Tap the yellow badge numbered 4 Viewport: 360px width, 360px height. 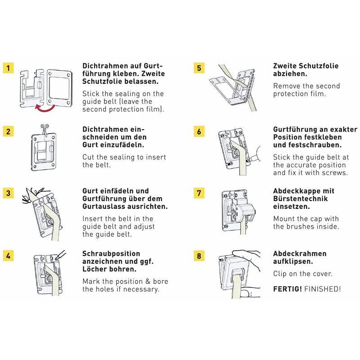pyautogui.click(x=8, y=256)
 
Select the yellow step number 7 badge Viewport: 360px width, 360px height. pyautogui.click(x=198, y=193)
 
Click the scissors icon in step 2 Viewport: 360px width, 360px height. pyautogui.click(x=44, y=127)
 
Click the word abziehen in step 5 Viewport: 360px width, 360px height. pyautogui.click(x=290, y=73)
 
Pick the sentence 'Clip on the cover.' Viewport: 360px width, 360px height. pyautogui.click(x=302, y=274)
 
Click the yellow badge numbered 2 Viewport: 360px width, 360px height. pyautogui.click(x=8, y=131)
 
